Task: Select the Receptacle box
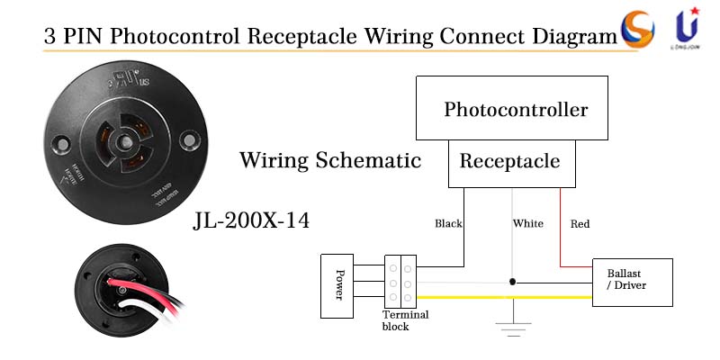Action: (510, 163)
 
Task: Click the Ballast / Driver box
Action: (631, 282)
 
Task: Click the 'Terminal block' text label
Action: (405, 320)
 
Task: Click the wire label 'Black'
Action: (448, 223)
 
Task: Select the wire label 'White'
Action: (528, 223)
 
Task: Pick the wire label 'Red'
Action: (580, 223)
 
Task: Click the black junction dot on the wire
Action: (513, 282)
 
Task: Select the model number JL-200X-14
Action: (251, 220)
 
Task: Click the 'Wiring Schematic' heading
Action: (330, 161)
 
